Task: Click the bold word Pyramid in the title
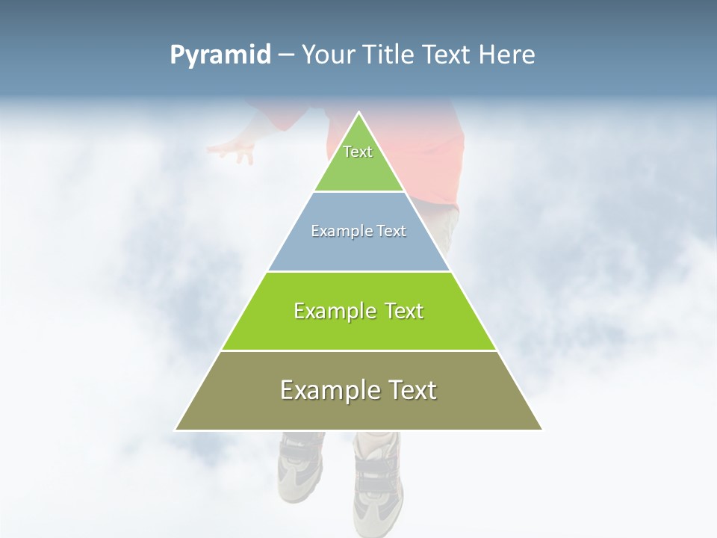click(x=220, y=55)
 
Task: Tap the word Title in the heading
click(x=392, y=55)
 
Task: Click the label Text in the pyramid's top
click(x=358, y=152)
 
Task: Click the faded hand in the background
click(x=234, y=149)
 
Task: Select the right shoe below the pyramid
click(x=378, y=478)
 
